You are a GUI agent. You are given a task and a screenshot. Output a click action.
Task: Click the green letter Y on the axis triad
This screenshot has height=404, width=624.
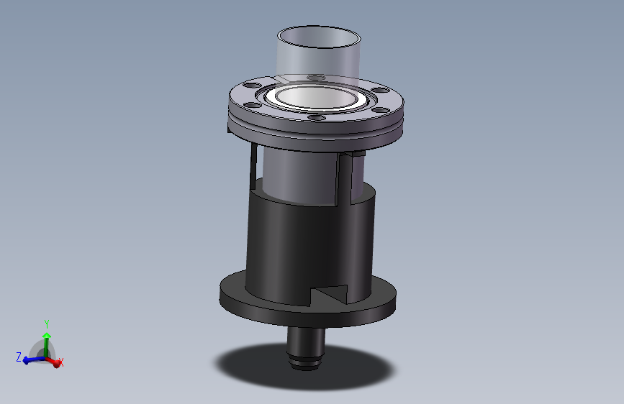47,324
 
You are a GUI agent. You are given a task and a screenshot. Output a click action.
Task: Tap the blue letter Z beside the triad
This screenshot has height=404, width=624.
19,357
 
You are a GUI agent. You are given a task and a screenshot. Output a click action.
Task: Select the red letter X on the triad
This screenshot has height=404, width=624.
61,362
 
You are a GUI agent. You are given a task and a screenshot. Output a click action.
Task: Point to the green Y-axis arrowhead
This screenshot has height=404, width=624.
47,336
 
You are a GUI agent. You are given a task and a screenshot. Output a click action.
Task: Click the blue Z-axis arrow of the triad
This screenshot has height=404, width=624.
34,360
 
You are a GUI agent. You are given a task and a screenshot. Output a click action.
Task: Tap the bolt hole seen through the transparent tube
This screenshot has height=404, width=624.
317,78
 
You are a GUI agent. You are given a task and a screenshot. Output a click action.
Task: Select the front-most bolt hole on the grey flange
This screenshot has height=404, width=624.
317,117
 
